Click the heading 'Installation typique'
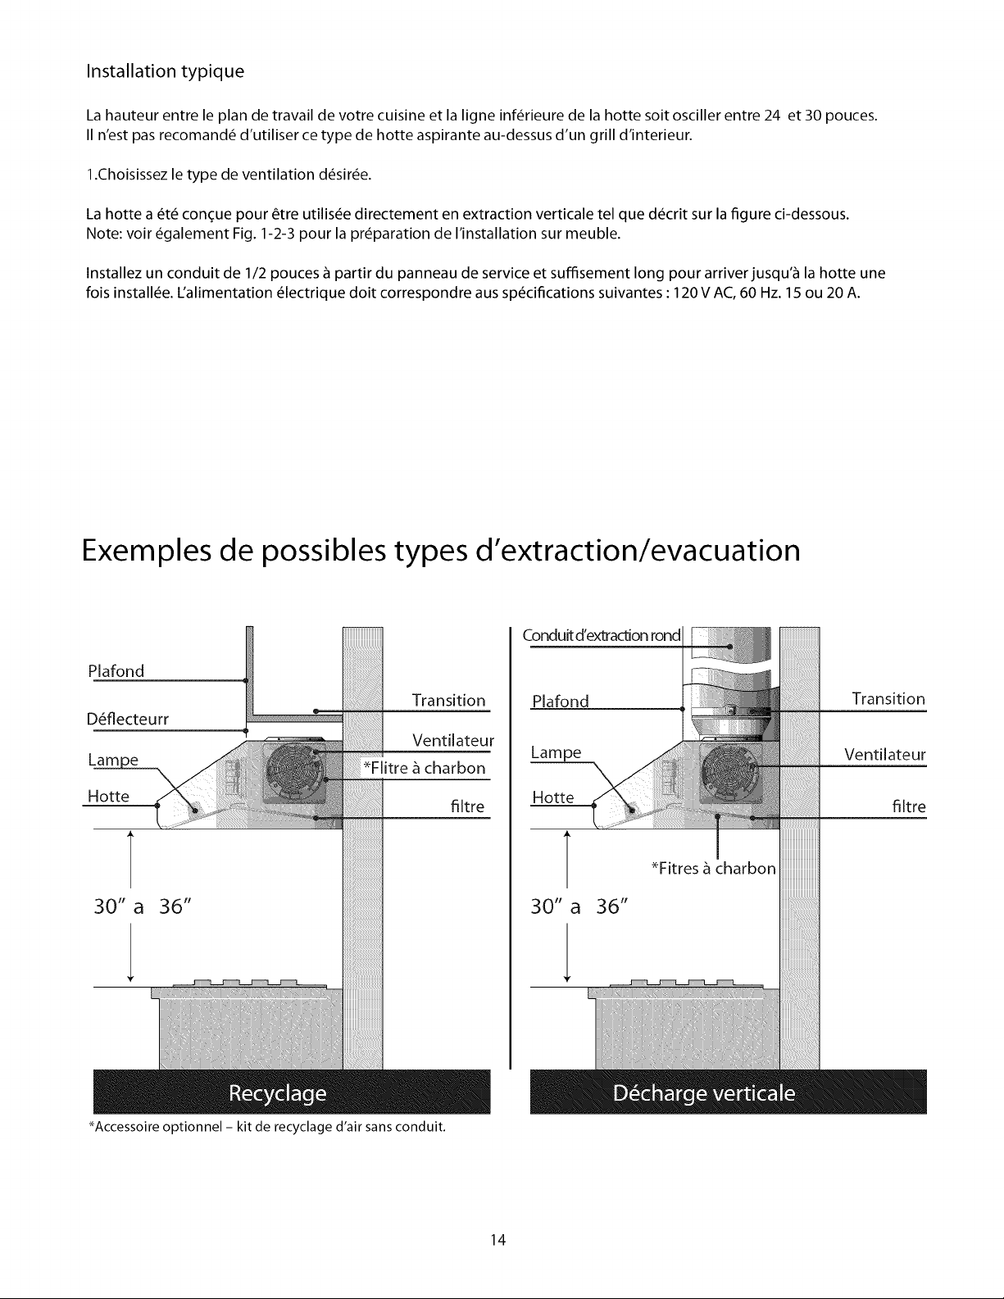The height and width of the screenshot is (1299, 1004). [165, 71]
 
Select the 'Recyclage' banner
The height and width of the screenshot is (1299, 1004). [276, 1094]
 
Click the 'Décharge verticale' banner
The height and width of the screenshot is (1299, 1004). [704, 1094]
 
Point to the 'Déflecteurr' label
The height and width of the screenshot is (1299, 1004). [127, 720]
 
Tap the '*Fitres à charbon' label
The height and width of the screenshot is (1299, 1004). [712, 868]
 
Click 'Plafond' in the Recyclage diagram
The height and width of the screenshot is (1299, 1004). [116, 671]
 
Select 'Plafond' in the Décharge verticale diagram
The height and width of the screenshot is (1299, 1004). [561, 702]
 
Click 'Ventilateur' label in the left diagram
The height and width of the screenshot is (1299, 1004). [453, 741]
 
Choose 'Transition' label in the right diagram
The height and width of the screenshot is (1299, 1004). [888, 698]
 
